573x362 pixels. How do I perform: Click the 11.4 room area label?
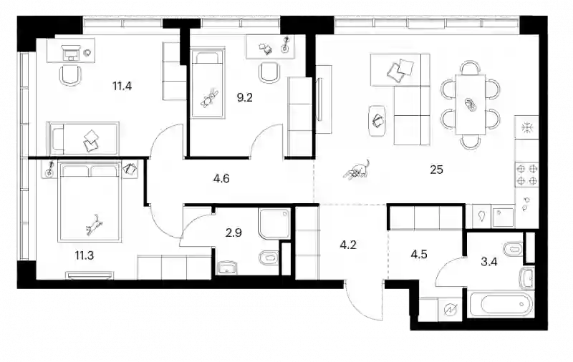[x=122, y=87]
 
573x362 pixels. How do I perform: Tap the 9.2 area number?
[x=244, y=98]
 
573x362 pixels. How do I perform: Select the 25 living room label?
[x=437, y=170]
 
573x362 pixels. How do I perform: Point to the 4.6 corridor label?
[x=221, y=179]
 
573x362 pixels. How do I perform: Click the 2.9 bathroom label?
[x=233, y=233]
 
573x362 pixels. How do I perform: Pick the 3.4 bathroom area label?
[x=489, y=262]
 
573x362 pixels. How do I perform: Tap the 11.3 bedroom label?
[x=85, y=255]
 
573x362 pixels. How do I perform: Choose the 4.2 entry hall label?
[x=348, y=245]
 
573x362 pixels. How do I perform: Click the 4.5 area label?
[x=419, y=254]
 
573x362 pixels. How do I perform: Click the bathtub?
[x=501, y=304]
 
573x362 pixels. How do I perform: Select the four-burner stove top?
[x=526, y=175]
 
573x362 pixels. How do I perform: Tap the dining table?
[x=471, y=104]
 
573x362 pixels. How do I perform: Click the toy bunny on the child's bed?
[x=209, y=99]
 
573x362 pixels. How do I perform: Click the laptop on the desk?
[x=70, y=53]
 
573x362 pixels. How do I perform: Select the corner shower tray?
[x=274, y=224]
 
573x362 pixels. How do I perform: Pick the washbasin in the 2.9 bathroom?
[x=227, y=268]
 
